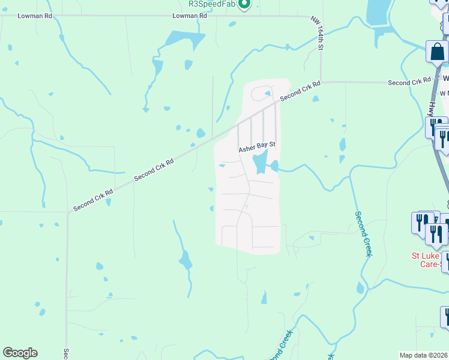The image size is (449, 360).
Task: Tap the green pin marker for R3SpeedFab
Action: pyautogui.click(x=244, y=5)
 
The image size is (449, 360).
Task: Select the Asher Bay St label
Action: pyautogui.click(x=257, y=145)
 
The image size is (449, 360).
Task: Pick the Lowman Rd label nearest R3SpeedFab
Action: pyautogui.click(x=189, y=16)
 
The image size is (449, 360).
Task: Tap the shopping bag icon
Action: pyautogui.click(x=436, y=52)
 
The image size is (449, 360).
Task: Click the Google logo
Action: pyautogui.click(x=20, y=353)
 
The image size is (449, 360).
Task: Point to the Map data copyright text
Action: pyautogui.click(x=424, y=355)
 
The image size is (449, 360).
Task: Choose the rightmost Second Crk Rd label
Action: pyautogui.click(x=409, y=82)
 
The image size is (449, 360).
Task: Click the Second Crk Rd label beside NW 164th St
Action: pyautogui.click(x=300, y=92)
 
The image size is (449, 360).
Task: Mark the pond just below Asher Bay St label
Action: pyautogui.click(x=259, y=161)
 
